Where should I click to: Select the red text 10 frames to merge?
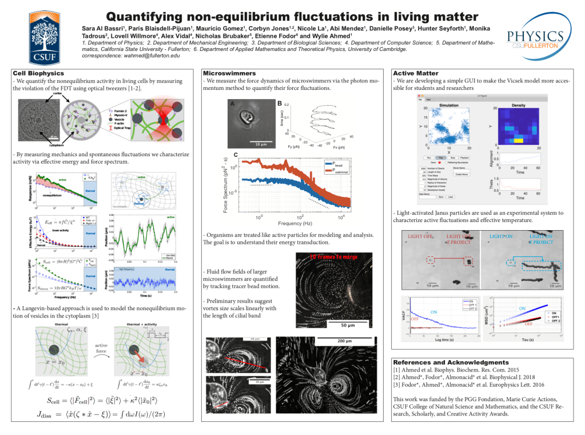334,257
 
